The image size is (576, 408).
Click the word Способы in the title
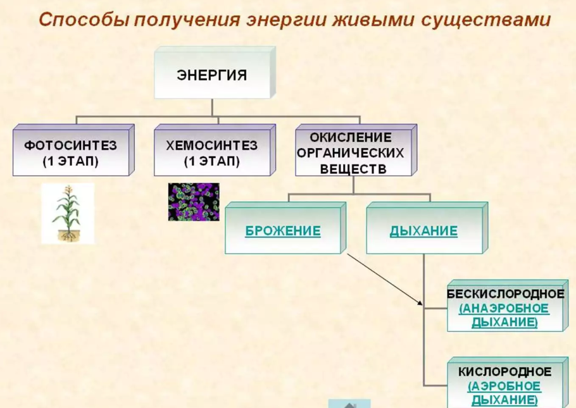(x=79, y=20)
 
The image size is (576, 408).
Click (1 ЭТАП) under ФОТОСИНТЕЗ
(x=71, y=162)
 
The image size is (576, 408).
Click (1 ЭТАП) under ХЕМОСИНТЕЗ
(x=212, y=162)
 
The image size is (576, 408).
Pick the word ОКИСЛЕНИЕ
(x=350, y=137)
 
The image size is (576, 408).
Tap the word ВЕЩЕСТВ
(x=350, y=169)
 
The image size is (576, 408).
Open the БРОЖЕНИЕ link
(x=282, y=231)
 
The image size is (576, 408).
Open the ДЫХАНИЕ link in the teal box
(x=423, y=231)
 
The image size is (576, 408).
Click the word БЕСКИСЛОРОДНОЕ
(x=505, y=294)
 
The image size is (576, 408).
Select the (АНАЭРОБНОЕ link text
(x=504, y=308)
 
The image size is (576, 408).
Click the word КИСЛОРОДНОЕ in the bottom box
(x=505, y=371)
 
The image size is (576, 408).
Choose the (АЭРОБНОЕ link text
(x=504, y=385)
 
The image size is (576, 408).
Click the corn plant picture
(x=68, y=213)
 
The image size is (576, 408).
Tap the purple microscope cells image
(x=194, y=202)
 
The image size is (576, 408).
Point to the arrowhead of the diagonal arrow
(x=420, y=304)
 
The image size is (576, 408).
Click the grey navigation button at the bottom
(x=349, y=404)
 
